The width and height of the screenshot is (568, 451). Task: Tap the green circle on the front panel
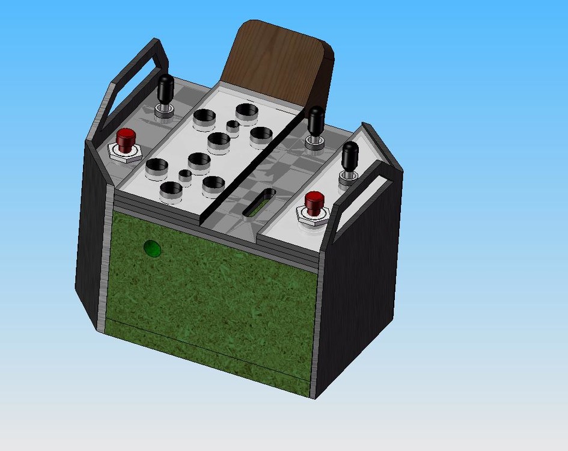coord(153,248)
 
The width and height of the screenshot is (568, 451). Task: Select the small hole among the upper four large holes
coord(233,126)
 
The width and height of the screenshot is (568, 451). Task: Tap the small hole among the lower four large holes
coord(185,176)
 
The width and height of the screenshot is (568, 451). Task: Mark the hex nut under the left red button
coord(124,153)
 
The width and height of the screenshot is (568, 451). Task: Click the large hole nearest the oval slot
coord(213,185)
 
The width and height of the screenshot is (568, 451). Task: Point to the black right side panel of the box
coord(361,289)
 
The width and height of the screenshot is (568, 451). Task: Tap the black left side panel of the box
coord(90,241)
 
